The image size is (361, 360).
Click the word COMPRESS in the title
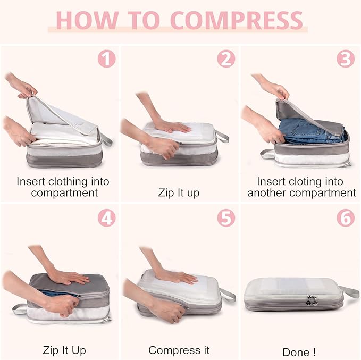(x=237, y=20)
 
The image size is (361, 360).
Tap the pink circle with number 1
(x=106, y=58)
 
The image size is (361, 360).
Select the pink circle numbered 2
(x=226, y=58)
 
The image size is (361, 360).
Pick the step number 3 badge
(x=345, y=58)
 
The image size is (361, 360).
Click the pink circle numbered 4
(x=106, y=218)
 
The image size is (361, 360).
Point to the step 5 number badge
(x=226, y=218)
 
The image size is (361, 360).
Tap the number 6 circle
(x=345, y=218)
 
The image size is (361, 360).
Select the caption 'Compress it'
(x=179, y=350)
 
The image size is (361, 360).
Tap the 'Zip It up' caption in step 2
(x=179, y=192)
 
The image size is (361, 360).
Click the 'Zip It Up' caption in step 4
(x=64, y=350)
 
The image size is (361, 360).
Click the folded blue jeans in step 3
(x=308, y=130)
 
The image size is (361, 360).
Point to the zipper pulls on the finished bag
(x=313, y=300)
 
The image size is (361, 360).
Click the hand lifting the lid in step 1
(x=21, y=87)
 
